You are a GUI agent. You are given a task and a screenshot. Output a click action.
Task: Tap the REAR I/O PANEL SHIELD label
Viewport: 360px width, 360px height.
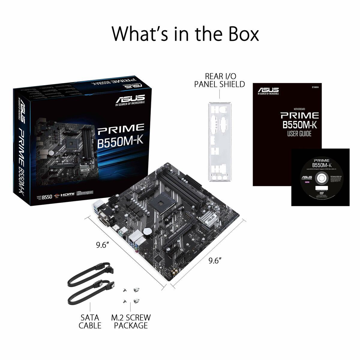(220, 80)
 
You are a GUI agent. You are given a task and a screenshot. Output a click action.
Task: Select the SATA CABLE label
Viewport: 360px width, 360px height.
(90, 321)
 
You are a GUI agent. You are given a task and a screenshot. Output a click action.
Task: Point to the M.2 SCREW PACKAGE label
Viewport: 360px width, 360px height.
(131, 321)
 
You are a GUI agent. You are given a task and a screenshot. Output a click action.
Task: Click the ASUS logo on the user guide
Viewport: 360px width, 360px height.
(268, 90)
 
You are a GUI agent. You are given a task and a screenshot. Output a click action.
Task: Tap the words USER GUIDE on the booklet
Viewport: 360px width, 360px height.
(299, 134)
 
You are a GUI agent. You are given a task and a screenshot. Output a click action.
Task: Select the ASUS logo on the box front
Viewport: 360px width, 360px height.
(130, 99)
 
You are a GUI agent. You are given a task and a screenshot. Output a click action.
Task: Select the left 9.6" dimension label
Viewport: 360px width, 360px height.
(102, 245)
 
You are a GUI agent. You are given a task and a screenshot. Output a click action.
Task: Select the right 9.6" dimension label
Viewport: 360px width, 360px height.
(215, 260)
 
